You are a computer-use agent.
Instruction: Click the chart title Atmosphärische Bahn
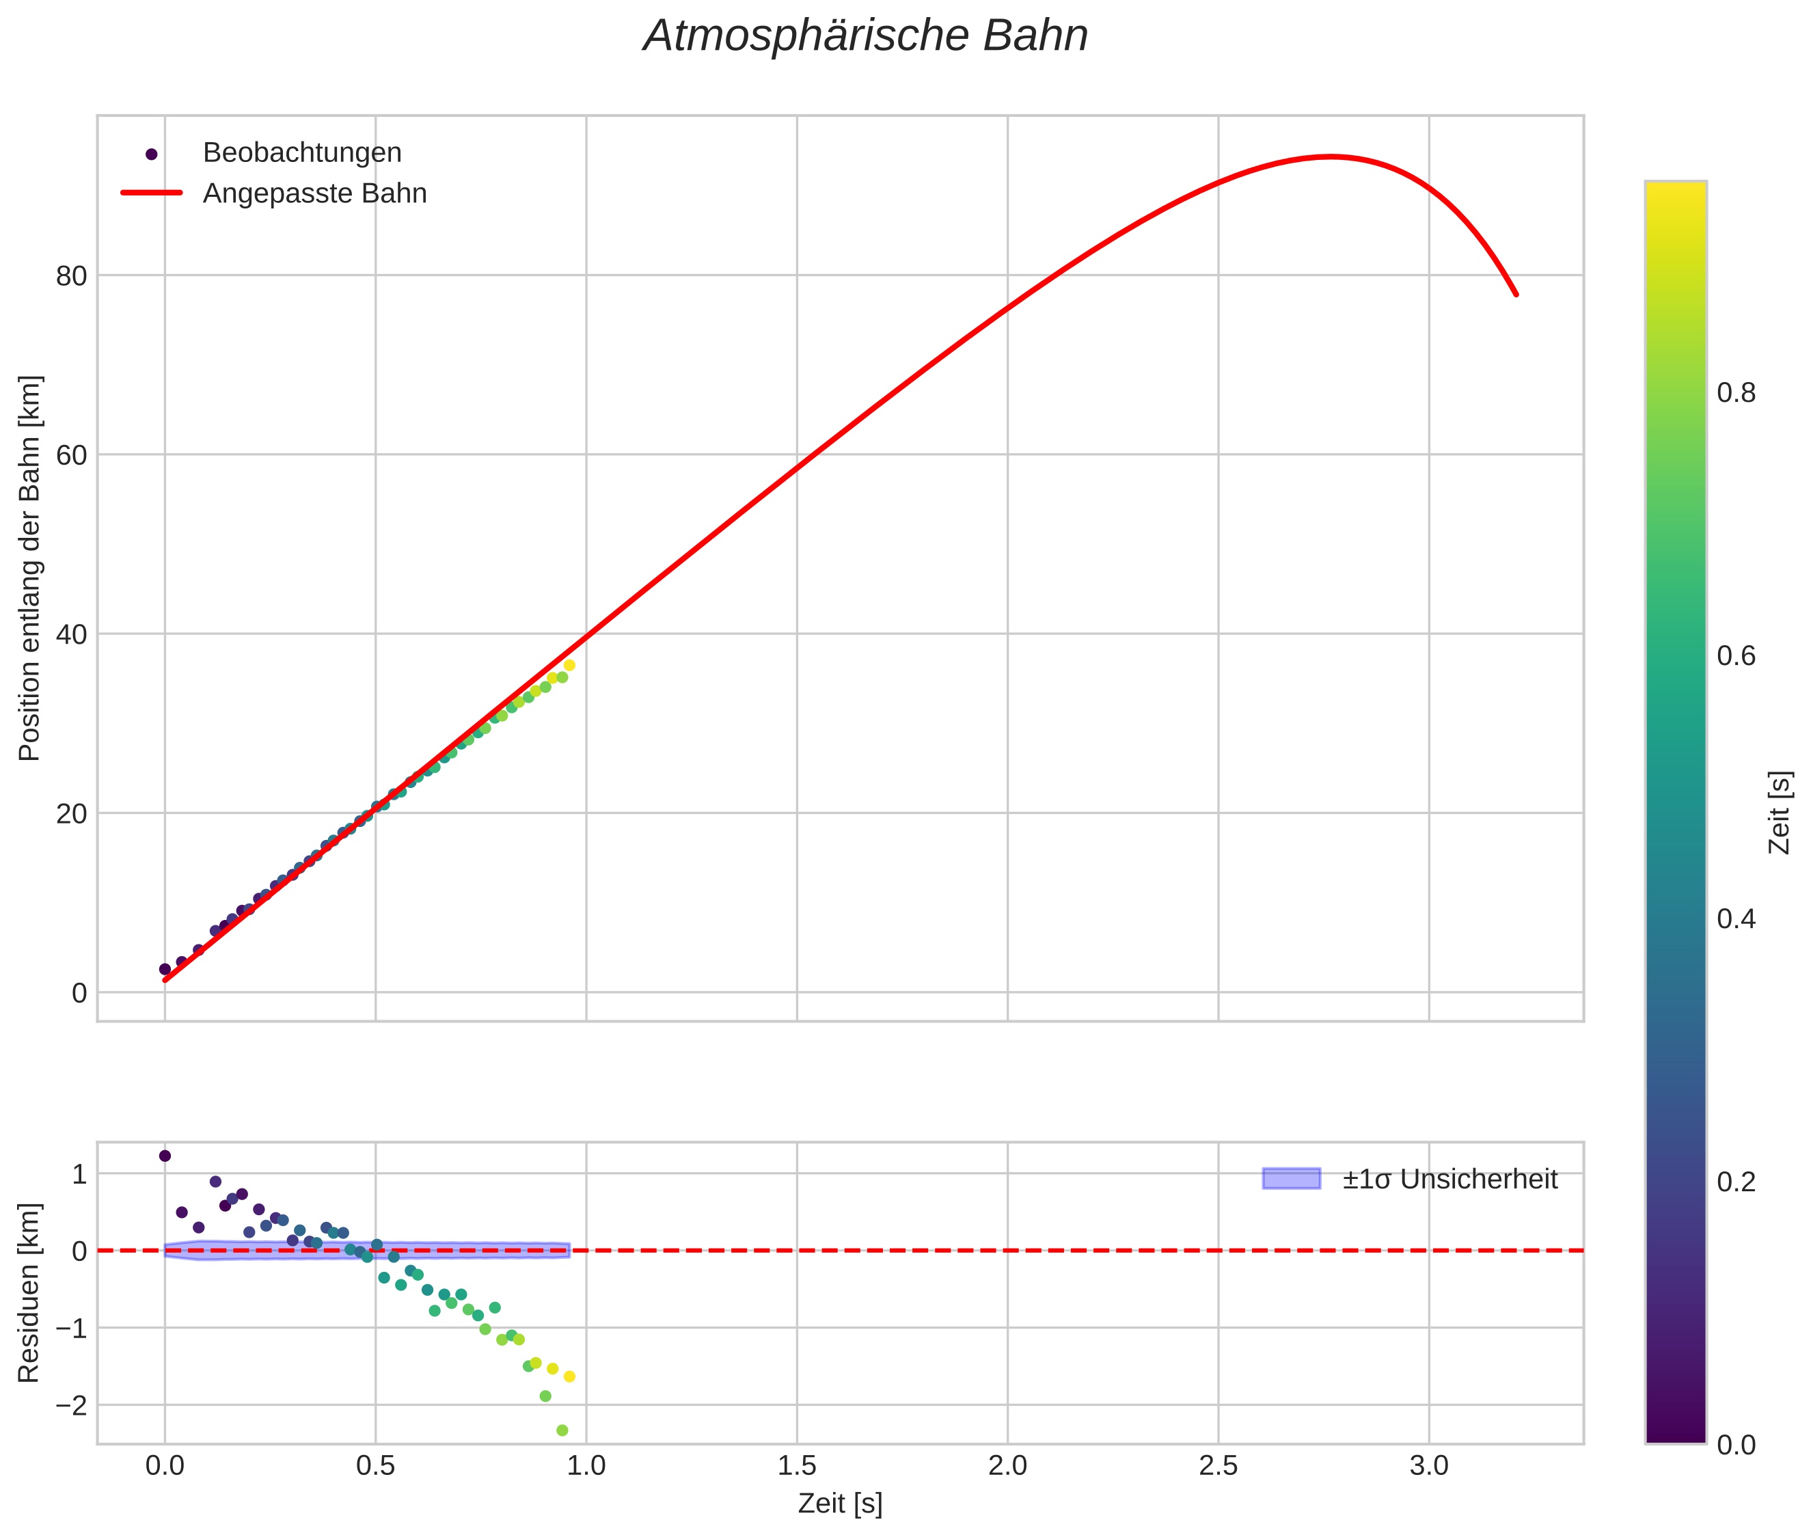(865, 36)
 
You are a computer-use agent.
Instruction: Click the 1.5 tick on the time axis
(796, 1466)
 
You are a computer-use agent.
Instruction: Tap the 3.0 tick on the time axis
(1429, 1466)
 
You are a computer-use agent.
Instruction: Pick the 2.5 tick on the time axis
(1218, 1466)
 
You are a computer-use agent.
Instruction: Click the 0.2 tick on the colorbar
(1736, 1182)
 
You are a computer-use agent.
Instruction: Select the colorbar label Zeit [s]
(1780, 813)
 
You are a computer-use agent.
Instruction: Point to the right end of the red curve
(1516, 294)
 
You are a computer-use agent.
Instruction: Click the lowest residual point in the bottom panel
(562, 1430)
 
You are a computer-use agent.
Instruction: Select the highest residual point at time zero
(165, 1156)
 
